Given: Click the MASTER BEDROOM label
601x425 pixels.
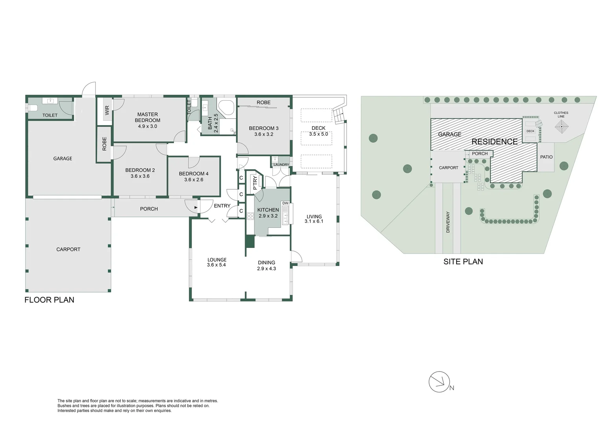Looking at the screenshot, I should coord(147,117).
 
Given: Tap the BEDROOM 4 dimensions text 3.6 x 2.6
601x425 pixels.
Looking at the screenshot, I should coord(194,180).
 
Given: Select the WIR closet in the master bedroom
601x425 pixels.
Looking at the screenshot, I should coord(107,110).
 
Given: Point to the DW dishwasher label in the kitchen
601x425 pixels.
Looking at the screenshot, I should coord(285,203).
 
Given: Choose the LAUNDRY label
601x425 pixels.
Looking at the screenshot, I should coord(281,164).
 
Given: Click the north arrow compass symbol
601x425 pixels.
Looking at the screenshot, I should coord(439,382).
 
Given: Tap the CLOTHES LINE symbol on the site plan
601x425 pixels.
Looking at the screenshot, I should coord(561,127).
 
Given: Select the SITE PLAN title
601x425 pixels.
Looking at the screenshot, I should coord(463,262).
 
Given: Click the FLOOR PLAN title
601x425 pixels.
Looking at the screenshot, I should coord(49,300).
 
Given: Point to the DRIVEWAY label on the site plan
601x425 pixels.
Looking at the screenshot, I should coord(448,222).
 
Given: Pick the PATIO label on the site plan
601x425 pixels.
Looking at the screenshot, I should coord(546,157).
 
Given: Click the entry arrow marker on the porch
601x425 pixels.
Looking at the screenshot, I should coord(196,208).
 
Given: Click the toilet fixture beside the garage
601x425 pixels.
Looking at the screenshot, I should coord(33,108).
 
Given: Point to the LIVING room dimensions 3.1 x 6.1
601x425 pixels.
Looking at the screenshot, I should coord(314,222).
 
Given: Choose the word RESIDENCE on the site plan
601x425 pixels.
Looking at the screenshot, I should coord(494,142).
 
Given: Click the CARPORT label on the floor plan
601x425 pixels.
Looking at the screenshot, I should coord(68,249).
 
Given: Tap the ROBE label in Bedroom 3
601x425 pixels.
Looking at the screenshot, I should coord(264,103).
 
